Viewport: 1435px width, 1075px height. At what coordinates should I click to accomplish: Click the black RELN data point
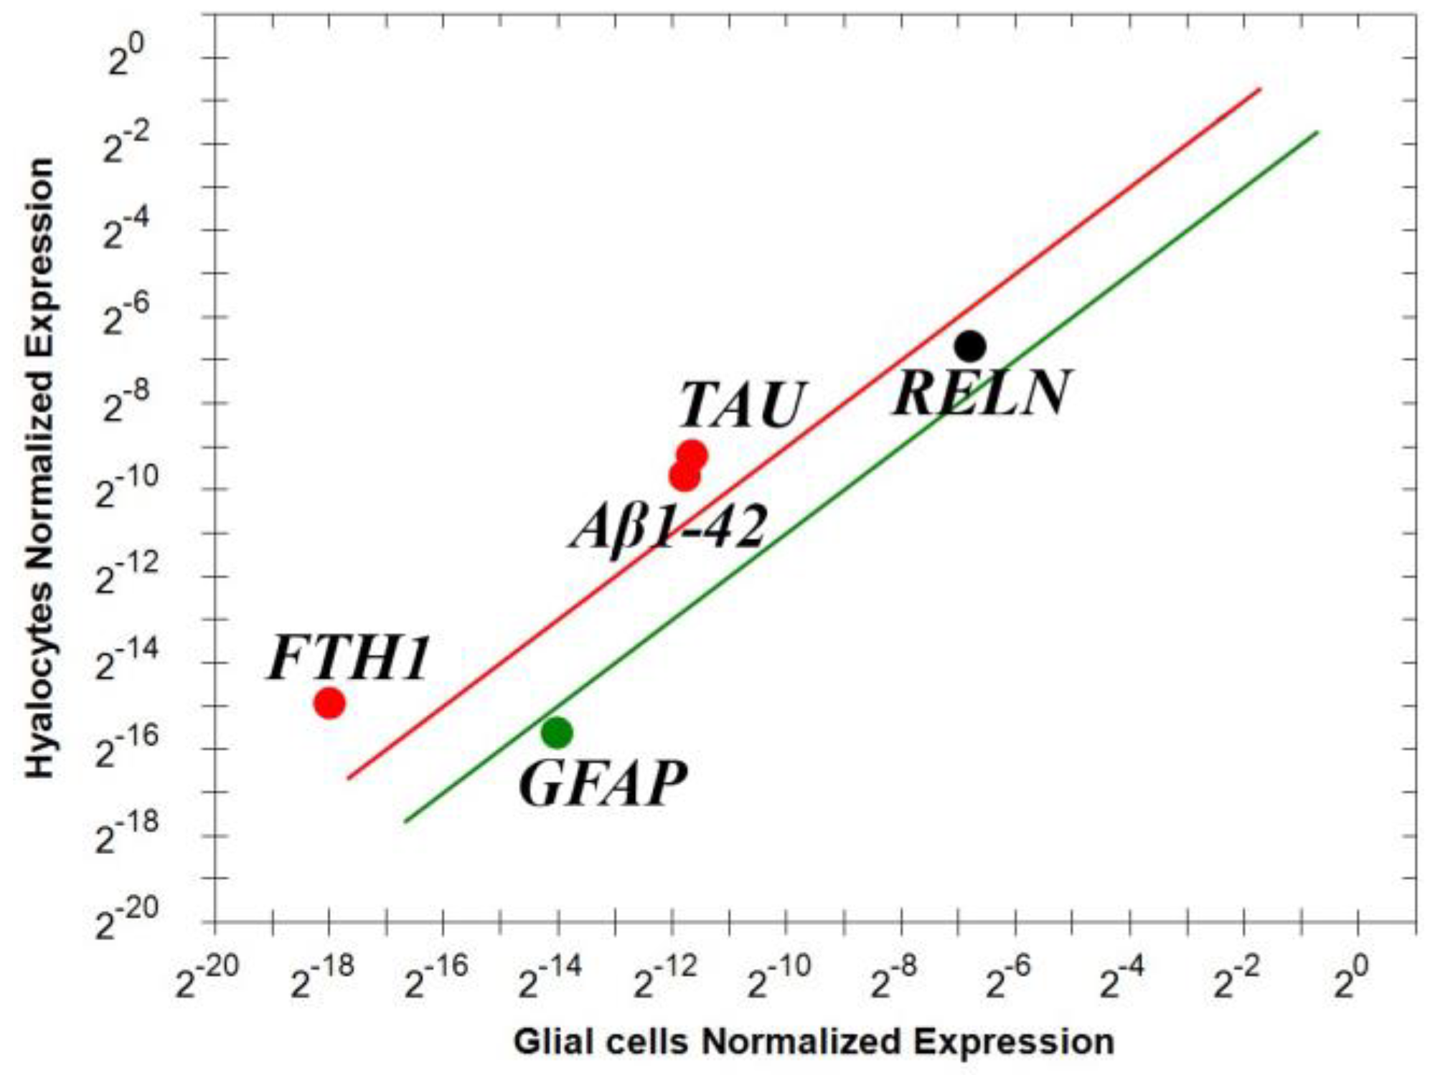[x=969, y=346]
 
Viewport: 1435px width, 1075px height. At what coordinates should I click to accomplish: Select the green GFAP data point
[x=557, y=732]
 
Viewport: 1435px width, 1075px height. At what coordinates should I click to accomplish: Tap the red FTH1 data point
[x=329, y=703]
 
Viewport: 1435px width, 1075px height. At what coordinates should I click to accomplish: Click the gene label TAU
[x=741, y=405]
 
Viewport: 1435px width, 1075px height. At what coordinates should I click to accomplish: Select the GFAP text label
[x=603, y=784]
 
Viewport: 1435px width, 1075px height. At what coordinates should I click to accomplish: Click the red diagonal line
[x=804, y=433]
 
